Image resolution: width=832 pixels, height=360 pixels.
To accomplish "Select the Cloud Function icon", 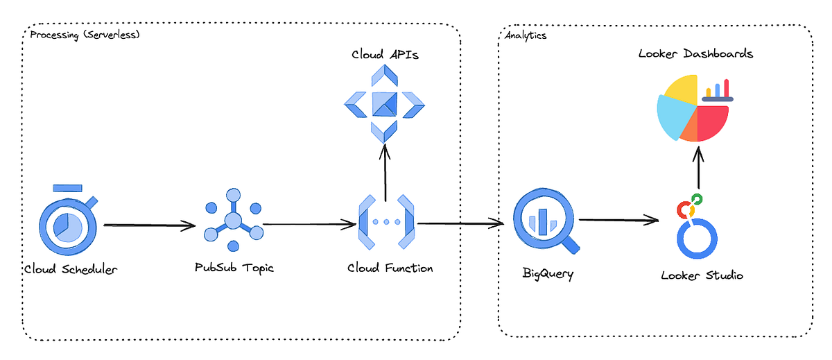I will coord(385,222).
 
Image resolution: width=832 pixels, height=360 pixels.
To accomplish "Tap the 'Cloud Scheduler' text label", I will coord(70,269).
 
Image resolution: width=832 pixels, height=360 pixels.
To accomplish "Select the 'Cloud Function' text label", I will coord(390,268).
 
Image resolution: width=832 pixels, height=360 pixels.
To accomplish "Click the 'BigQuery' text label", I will coord(548,273).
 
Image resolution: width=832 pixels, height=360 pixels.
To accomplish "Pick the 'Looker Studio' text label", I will coord(702,275).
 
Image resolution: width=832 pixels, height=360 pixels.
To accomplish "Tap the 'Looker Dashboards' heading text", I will coord(695,53).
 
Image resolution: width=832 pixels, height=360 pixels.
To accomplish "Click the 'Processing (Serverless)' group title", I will coord(85,35).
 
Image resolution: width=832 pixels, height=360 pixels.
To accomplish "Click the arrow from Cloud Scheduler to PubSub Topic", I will coord(150,225).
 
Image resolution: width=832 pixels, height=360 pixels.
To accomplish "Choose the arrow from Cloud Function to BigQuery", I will coord(460,223).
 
